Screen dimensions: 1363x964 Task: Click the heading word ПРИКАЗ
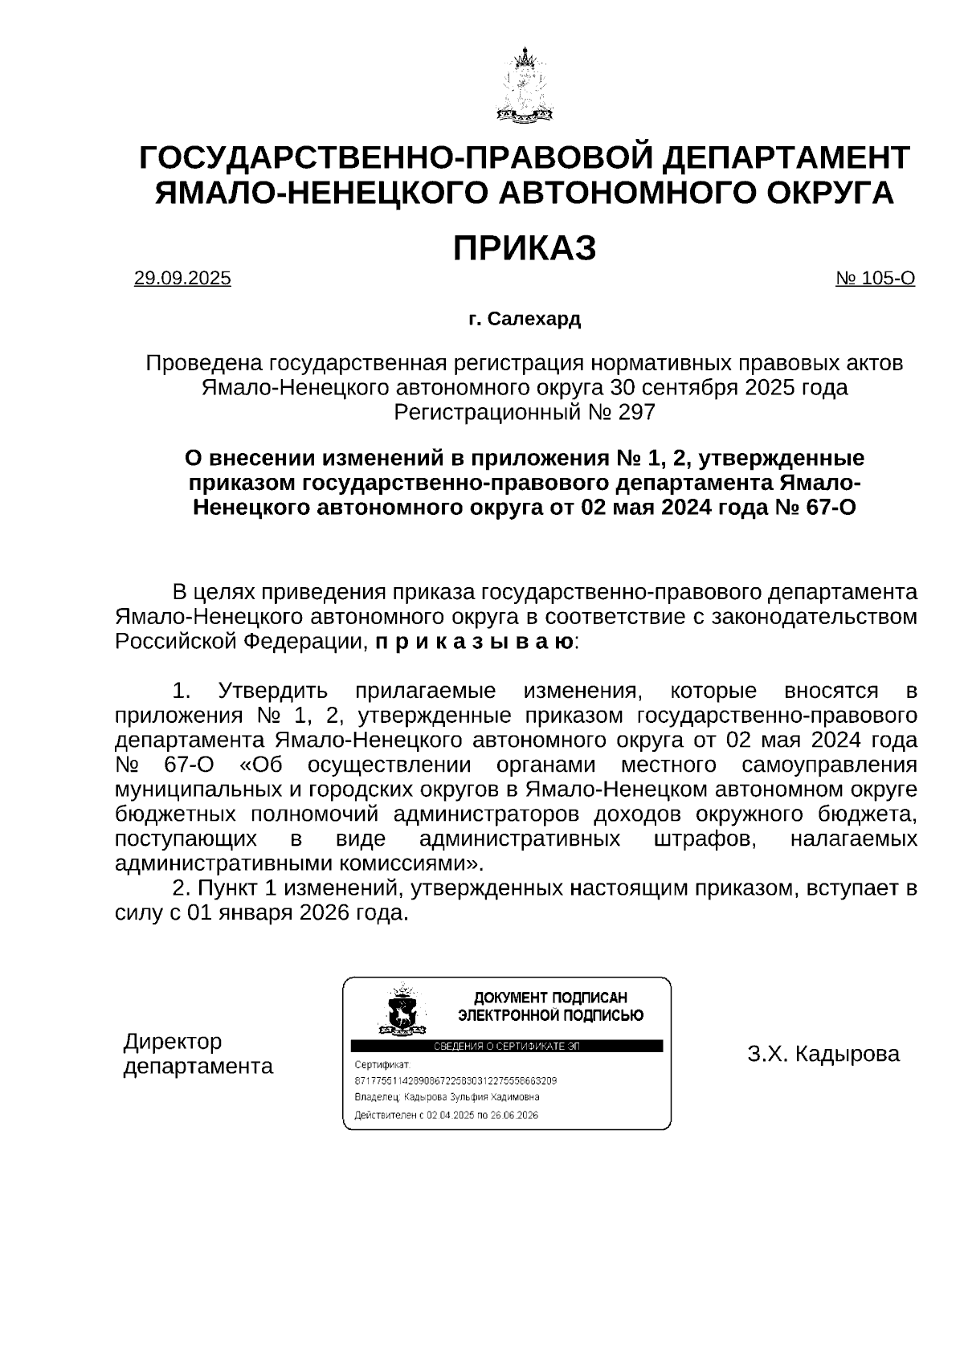pyautogui.click(x=524, y=249)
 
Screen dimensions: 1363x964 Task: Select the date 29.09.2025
pyautogui.click(x=182, y=279)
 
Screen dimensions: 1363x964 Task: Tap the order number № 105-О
pyautogui.click(x=875, y=279)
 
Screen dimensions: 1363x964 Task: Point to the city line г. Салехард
pyautogui.click(x=524, y=320)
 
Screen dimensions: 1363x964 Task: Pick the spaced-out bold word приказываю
pyautogui.click(x=474, y=643)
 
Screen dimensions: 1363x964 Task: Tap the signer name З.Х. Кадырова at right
pyautogui.click(x=823, y=1054)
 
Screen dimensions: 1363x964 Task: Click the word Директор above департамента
pyautogui.click(x=173, y=1042)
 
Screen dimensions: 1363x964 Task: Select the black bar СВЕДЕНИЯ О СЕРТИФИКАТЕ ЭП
pyautogui.click(x=506, y=1046)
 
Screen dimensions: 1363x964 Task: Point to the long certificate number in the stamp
pyautogui.click(x=455, y=1080)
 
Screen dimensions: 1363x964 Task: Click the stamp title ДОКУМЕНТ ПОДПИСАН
pyautogui.click(x=550, y=998)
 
